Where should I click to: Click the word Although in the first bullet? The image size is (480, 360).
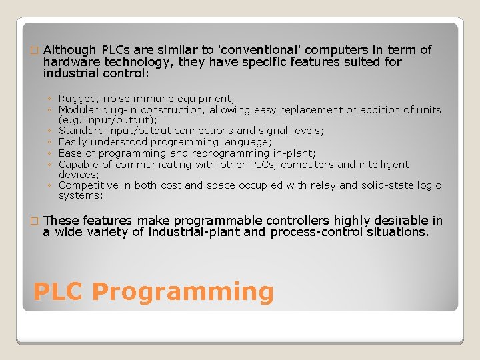(x=70, y=50)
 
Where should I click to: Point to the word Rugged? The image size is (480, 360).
(x=77, y=99)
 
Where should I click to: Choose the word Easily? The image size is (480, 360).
(x=73, y=142)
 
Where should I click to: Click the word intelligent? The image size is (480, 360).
(x=384, y=165)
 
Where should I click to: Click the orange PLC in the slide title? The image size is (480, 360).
(x=58, y=292)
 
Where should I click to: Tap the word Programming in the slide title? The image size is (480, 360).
(x=183, y=293)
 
